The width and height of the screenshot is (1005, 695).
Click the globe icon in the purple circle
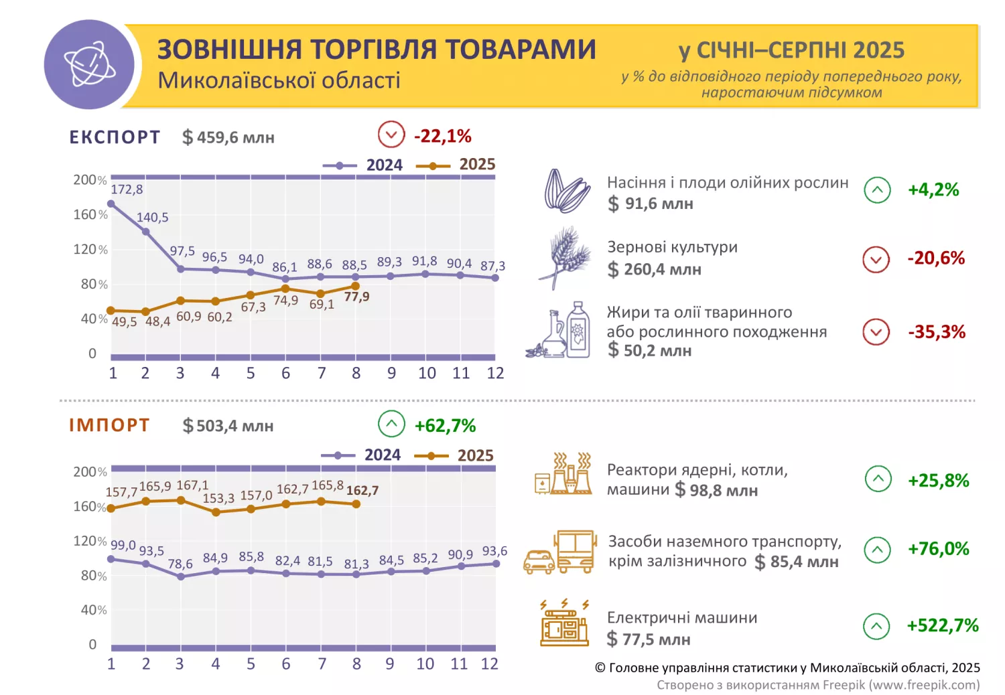(89, 64)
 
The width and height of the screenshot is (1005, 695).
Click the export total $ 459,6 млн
(228, 137)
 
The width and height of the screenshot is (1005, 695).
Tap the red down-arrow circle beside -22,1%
(391, 135)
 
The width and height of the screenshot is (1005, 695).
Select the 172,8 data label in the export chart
(127, 189)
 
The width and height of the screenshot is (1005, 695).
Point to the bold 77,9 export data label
(356, 297)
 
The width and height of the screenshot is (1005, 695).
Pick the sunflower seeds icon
(566, 190)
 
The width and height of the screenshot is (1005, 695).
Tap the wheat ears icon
(565, 258)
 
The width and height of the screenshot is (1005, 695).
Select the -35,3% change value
(937, 332)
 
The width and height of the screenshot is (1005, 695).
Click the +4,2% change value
(933, 190)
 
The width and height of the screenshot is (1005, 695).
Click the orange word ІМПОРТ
(109, 425)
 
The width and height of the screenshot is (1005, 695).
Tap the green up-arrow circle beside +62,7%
(391, 424)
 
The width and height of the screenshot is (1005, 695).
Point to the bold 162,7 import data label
(362, 491)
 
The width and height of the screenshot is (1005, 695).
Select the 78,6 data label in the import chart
(180, 564)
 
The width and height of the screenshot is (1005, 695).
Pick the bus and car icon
(559, 552)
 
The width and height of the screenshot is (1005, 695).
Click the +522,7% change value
(943, 625)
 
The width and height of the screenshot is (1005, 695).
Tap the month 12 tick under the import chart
(490, 664)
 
